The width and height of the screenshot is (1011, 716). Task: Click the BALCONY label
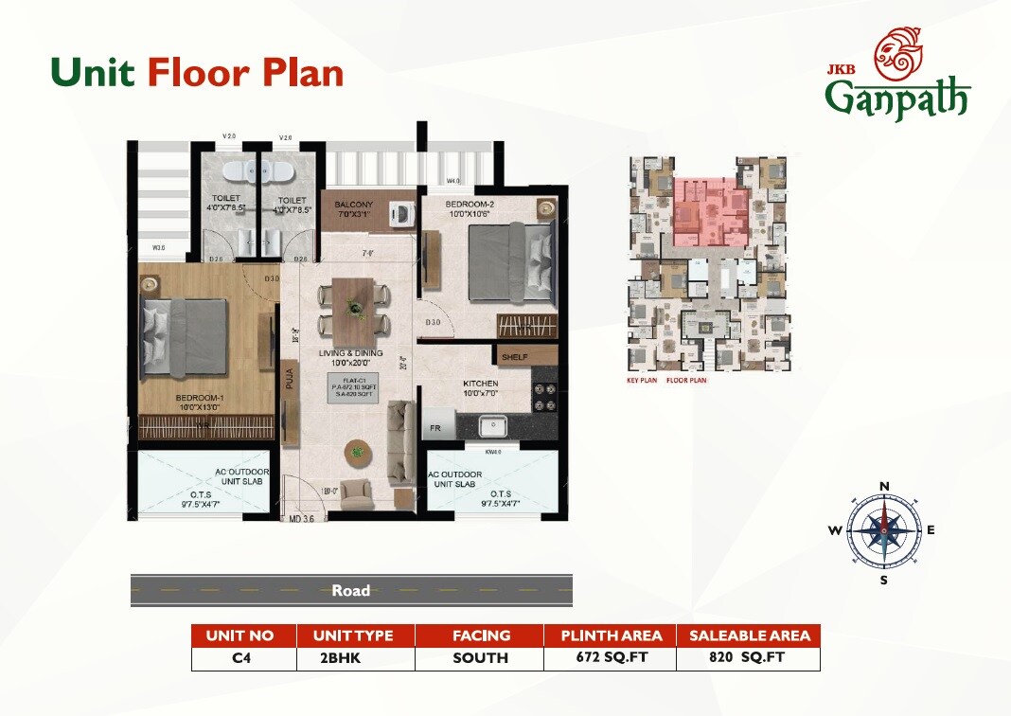coord(353,205)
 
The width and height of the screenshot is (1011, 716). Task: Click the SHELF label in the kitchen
coord(515,356)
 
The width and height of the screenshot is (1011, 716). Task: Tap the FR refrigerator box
coord(435,427)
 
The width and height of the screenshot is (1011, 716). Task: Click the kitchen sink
coord(494,426)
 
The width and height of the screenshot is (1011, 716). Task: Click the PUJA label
coord(290,381)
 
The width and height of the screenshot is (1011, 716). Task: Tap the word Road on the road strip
coord(350,591)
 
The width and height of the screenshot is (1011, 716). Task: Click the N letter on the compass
coord(884,487)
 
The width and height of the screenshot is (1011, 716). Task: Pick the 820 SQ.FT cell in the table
coord(748,657)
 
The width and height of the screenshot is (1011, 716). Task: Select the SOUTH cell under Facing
coord(481,657)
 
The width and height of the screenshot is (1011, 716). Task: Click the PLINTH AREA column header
coord(610,635)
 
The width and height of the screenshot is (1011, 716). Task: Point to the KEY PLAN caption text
coord(642,380)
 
